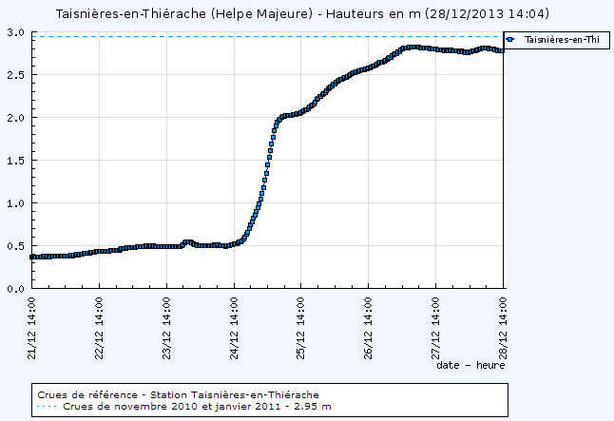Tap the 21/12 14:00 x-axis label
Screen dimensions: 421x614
32,324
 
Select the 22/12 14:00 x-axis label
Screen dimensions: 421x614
99,324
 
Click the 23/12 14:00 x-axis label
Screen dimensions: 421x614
166,324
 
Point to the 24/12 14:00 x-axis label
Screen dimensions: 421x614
234,324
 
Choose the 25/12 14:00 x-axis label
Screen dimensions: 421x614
300,324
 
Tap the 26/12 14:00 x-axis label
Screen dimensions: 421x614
368,324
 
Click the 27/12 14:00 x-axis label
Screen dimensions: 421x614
435,324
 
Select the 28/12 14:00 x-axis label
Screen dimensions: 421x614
503,324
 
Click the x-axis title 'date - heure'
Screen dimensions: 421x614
470,364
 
